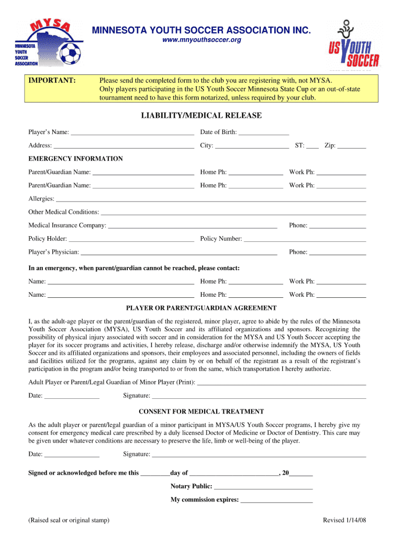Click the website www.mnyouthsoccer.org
201,40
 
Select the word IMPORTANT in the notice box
52,80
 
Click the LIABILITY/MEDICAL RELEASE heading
201,115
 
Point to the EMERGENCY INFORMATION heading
75,159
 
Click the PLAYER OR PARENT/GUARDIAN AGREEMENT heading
201,308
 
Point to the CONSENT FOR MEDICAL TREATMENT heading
201,411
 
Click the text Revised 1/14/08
344,520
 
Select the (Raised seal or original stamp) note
69,520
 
